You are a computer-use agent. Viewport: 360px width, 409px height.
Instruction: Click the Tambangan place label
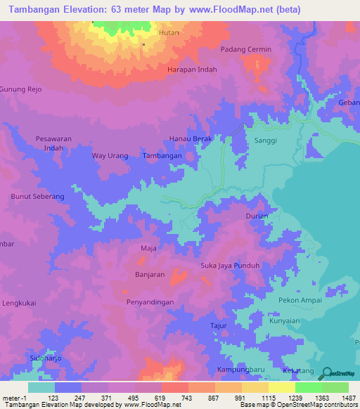(162, 156)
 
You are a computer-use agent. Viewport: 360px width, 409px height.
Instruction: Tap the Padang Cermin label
(245, 49)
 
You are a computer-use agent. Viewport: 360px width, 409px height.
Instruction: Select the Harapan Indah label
(191, 70)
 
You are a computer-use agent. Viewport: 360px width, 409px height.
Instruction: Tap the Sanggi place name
(264, 141)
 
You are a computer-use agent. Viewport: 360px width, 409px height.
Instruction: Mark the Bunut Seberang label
(37, 196)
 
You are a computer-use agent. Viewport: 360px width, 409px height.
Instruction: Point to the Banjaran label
(149, 275)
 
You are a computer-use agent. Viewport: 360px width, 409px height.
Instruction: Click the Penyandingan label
(150, 301)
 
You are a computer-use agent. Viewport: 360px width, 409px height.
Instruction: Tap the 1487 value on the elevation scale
(349, 398)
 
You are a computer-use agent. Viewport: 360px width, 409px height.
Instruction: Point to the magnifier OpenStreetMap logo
(327, 374)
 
